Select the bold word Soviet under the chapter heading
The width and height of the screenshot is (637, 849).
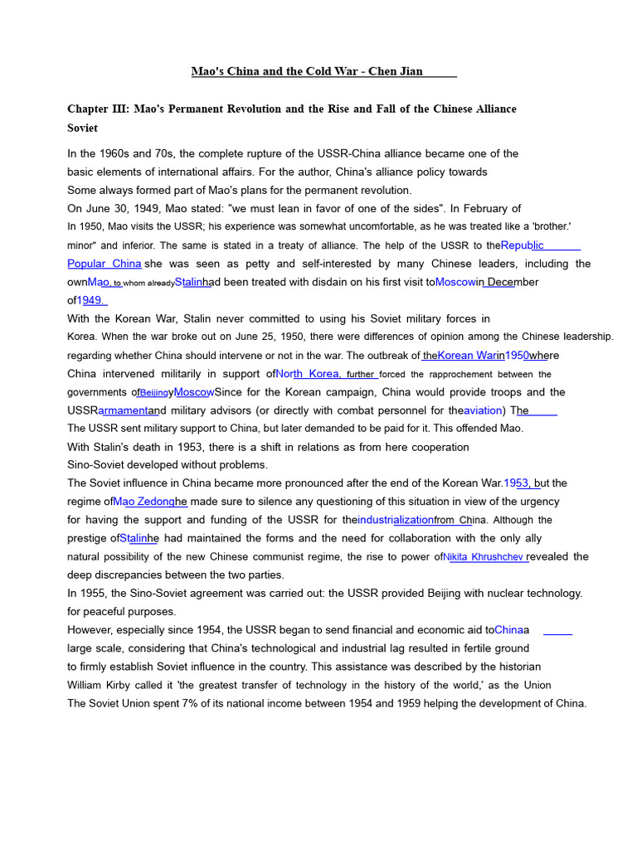[x=82, y=128]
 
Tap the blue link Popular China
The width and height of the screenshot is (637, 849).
[x=105, y=264]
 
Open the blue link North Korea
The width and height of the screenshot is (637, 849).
[x=308, y=374]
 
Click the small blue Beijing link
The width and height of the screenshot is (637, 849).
[x=153, y=393]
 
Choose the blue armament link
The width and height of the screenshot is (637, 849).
[x=124, y=410]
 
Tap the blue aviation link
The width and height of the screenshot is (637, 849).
[x=483, y=410]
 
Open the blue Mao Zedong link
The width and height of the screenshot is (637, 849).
[x=144, y=502]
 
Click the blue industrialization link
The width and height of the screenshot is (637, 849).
[x=396, y=520]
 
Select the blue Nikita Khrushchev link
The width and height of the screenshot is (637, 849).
[x=484, y=557]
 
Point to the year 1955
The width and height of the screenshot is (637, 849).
[x=95, y=594]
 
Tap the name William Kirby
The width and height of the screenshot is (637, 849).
[x=103, y=685]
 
